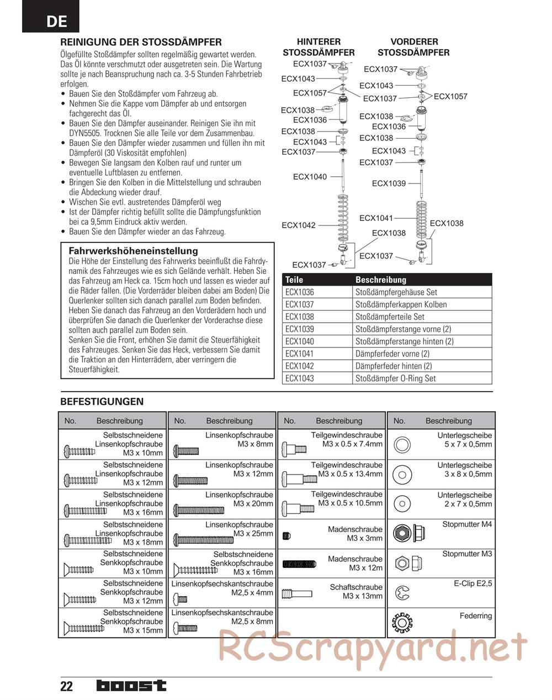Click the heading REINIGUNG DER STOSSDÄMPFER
pyautogui.click(x=141, y=42)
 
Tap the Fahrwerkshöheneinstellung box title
pyautogui.click(x=133, y=251)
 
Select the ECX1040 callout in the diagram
pyautogui.click(x=310, y=177)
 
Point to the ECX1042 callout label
pyautogui.click(x=299, y=225)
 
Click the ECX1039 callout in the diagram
pyautogui.click(x=389, y=183)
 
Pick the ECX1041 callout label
pyautogui.click(x=376, y=218)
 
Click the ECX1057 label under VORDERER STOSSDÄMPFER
pyautogui.click(x=450, y=97)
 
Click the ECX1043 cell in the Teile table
pyautogui.click(x=300, y=378)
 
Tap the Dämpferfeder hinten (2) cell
pyautogui.click(x=394, y=366)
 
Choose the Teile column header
pyautogui.click(x=294, y=280)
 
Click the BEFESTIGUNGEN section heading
pyautogui.click(x=102, y=402)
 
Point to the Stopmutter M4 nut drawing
pyautogui.click(x=404, y=534)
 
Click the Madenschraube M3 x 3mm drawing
pyautogui.click(x=286, y=534)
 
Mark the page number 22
pyautogui.click(x=66, y=686)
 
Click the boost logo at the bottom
pyautogui.click(x=131, y=686)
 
